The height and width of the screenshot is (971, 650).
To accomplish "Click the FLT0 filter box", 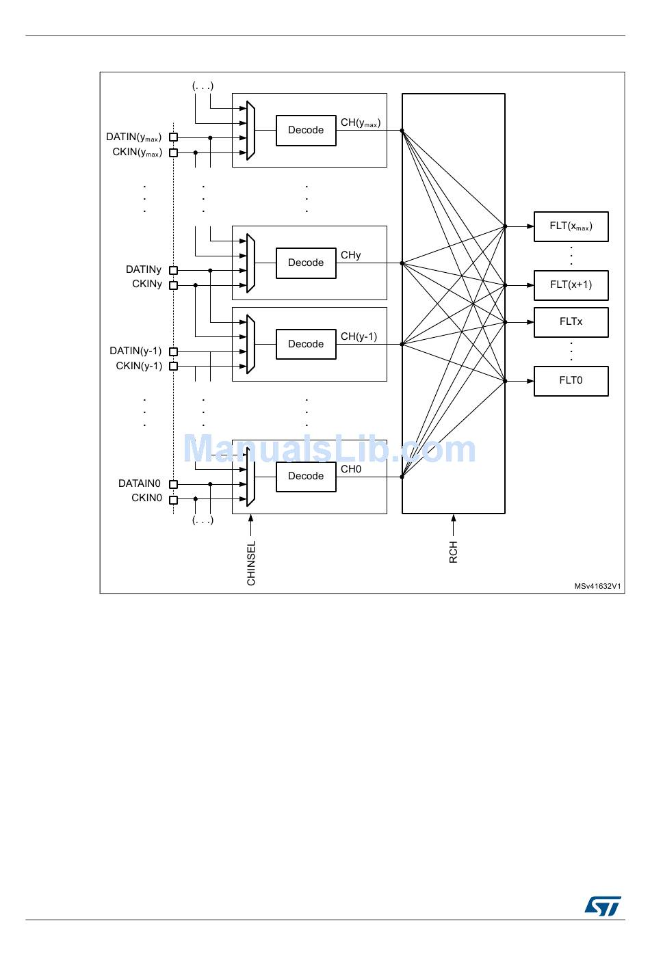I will point(571,381).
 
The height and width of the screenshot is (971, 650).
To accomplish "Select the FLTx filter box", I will point(571,322).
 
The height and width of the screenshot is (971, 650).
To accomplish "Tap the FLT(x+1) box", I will point(571,285).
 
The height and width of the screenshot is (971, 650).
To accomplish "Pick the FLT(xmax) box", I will point(571,226).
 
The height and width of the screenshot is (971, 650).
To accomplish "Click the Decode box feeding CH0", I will point(306,477).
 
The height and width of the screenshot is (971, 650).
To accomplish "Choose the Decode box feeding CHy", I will point(306,263).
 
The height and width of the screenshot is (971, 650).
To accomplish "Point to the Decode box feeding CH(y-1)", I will point(306,345).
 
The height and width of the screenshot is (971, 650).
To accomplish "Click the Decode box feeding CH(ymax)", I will point(306,131).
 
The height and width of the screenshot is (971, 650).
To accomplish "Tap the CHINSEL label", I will point(251,563).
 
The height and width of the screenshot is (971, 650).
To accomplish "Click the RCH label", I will point(454,553).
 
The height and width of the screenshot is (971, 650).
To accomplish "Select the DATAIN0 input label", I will point(140,484).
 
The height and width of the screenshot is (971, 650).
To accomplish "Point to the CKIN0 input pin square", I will point(174,499).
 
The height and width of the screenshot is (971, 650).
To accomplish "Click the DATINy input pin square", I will point(174,270).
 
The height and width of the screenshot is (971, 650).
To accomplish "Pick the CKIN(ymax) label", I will point(137,152).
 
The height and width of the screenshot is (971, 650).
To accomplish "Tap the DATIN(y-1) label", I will point(135,351).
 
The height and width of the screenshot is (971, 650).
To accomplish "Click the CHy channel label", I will point(351,255).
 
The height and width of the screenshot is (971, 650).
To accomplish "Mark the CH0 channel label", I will point(351,469).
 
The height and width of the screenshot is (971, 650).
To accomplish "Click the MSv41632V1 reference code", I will point(597,586).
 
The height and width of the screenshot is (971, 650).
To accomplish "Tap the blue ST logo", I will point(603,906).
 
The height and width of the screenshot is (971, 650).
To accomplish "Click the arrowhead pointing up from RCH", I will point(454,518).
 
